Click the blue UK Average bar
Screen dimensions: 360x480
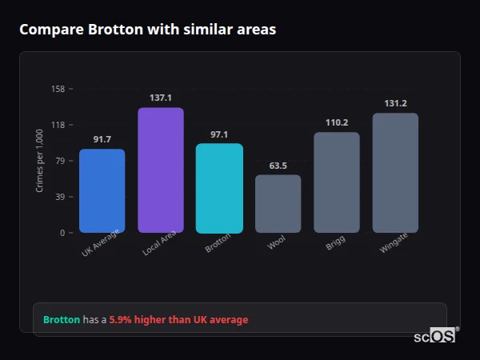pyautogui.click(x=102, y=191)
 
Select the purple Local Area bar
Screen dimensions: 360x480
pyautogui.click(x=161, y=170)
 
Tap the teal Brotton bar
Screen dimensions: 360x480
pyautogui.click(x=219, y=189)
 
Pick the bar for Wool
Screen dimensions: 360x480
pyautogui.click(x=278, y=204)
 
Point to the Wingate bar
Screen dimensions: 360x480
pyautogui.click(x=395, y=173)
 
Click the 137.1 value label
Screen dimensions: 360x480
pyautogui.click(x=161, y=98)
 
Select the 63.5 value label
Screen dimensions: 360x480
pyautogui.click(x=278, y=166)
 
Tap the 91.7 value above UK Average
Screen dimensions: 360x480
pyautogui.click(x=102, y=140)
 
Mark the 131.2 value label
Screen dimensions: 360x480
pyautogui.click(x=395, y=103)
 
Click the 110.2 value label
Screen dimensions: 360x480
pyautogui.click(x=337, y=122)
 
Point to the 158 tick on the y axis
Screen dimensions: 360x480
pyautogui.click(x=58, y=89)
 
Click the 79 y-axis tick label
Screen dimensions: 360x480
pyautogui.click(x=60, y=161)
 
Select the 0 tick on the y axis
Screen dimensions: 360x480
pyautogui.click(x=62, y=233)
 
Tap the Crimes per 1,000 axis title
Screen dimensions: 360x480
pyautogui.click(x=39, y=161)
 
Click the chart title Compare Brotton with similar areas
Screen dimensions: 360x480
pyautogui.click(x=147, y=30)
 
